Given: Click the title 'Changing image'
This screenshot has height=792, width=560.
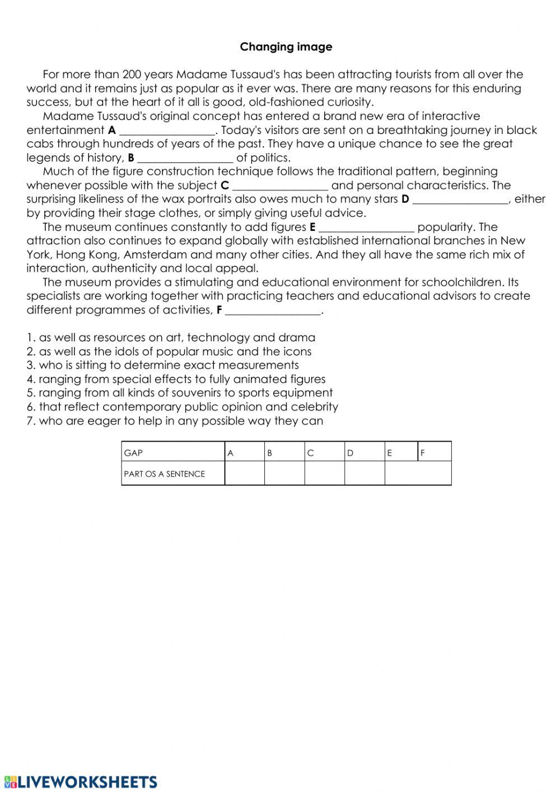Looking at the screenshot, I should coord(286,47).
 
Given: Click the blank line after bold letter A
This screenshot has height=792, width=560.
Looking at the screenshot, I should coord(167,131).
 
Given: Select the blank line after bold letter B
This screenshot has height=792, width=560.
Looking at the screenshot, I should coord(185,159).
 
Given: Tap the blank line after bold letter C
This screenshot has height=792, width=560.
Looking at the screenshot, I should coord(280,186).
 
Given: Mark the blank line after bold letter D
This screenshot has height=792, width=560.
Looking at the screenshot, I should coord(460,200).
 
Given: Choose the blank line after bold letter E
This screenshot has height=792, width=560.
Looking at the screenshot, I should coord(367,228).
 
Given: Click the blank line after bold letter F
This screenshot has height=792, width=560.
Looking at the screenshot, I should coord(273,311).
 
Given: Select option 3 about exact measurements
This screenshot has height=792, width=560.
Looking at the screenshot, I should coord(162,365).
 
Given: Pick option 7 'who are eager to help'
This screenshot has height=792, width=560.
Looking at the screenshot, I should coord(175,421).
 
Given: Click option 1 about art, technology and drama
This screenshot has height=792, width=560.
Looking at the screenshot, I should coord(171,338).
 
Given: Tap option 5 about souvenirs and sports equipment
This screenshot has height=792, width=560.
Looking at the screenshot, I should coord(179,393).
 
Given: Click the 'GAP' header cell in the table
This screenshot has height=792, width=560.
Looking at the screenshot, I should coord(172,452).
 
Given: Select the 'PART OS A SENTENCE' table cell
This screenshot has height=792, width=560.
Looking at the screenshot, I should coord(172,474).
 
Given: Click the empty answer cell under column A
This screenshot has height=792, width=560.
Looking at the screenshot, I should coord(244,474).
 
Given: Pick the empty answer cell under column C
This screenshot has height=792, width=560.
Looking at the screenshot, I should coord(324,474).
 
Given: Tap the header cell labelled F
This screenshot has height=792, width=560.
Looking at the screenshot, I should coord(435,452).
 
